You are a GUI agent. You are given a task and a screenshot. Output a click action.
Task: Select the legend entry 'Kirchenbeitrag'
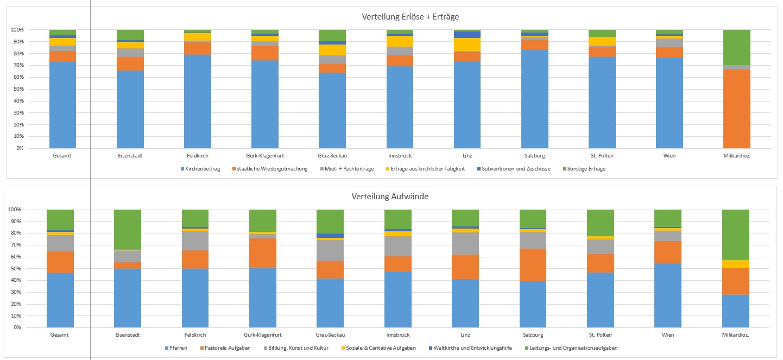click(x=202, y=169)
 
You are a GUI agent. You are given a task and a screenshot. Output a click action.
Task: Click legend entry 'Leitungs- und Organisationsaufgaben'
click(x=574, y=348)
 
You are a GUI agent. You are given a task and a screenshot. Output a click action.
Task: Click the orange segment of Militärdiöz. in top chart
click(x=736, y=109)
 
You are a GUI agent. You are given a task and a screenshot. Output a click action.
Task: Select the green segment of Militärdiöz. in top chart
click(x=736, y=47)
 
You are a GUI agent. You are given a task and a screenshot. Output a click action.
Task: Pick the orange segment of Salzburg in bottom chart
click(x=534, y=265)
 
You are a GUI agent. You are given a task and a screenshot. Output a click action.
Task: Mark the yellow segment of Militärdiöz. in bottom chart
click(x=736, y=264)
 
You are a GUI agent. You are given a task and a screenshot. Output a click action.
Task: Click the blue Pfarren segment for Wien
click(x=668, y=295)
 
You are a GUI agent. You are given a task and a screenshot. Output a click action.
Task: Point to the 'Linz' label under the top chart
click(x=466, y=156)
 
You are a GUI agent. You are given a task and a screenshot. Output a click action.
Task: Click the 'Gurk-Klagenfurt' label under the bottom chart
click(x=262, y=335)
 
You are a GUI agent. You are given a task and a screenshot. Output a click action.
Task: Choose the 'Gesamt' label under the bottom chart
click(x=60, y=335)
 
